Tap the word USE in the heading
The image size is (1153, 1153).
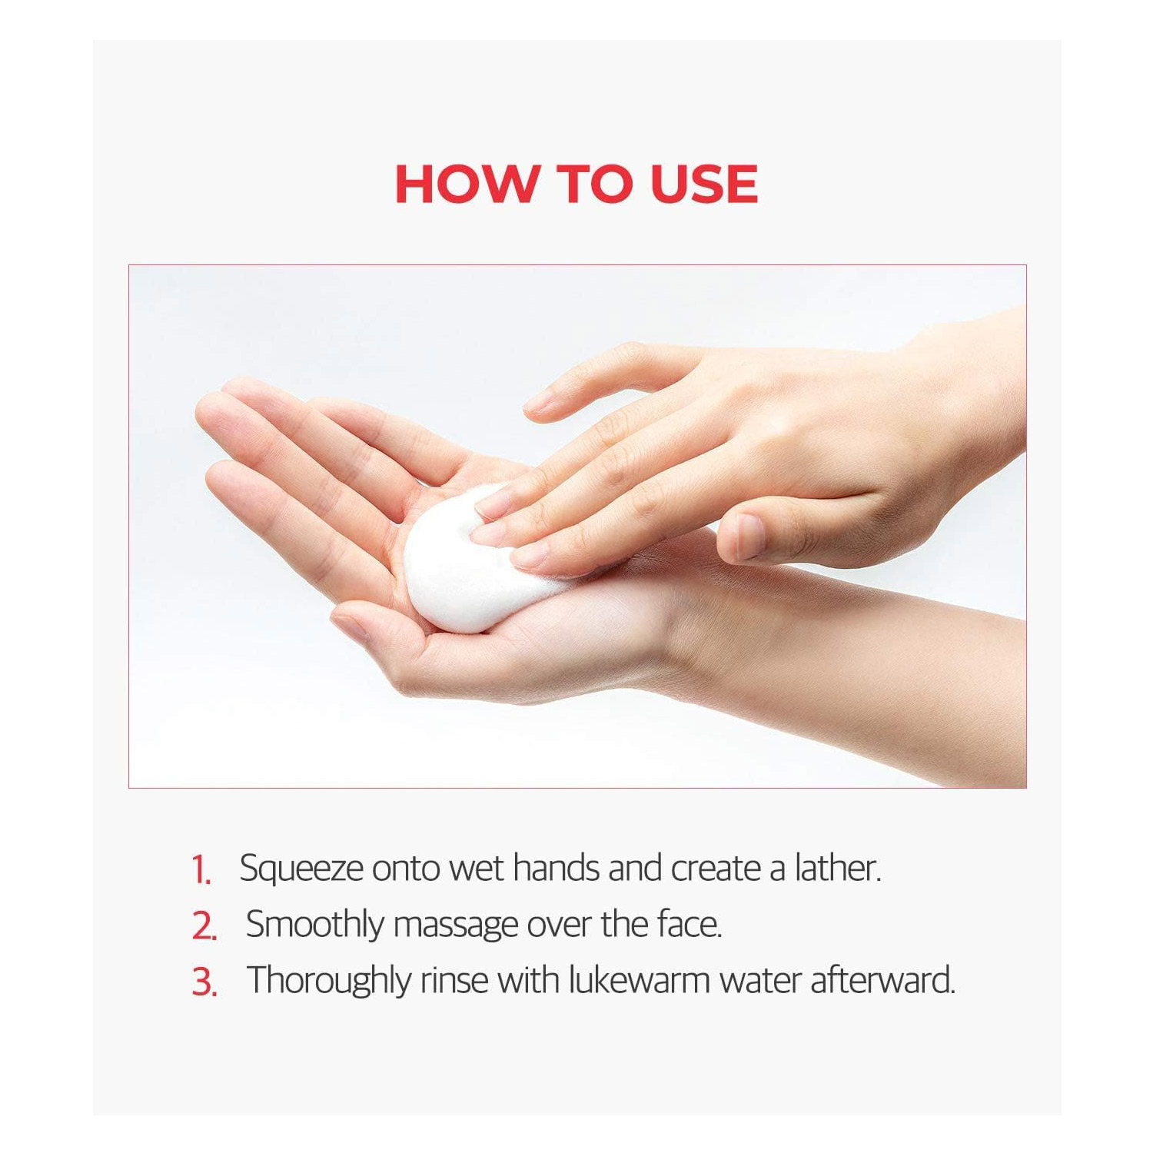pyautogui.click(x=704, y=184)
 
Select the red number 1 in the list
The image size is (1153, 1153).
pyautogui.click(x=201, y=871)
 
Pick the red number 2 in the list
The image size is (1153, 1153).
pyautogui.click(x=204, y=926)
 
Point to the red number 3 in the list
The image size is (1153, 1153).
pyautogui.click(x=204, y=982)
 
